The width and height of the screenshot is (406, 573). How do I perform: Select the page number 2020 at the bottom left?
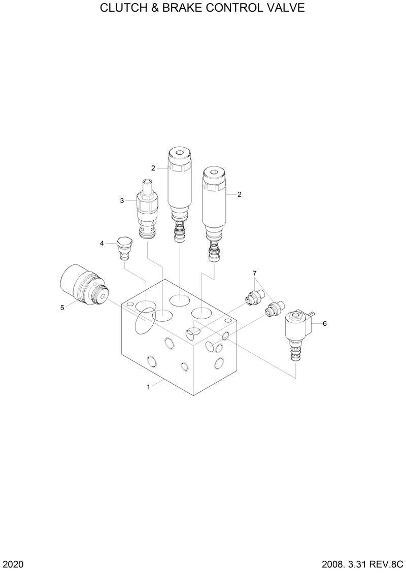pos(12,564)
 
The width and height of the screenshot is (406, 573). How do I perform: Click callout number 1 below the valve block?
pos(148,387)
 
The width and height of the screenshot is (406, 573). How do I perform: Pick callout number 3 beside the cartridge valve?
pos(122,200)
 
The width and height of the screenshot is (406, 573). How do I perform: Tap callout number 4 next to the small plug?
pos(102,243)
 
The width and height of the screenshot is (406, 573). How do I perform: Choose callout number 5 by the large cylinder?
pos(62,308)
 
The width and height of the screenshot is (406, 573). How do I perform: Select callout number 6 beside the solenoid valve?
pos(324,323)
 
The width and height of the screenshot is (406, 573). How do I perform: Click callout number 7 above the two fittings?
pos(254,273)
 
